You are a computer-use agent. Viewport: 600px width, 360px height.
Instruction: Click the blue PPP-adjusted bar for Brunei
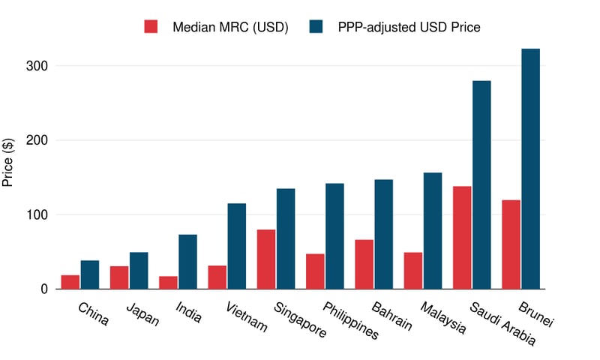[x=530, y=169]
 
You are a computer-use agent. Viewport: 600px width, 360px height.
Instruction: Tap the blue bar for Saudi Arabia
[x=481, y=184]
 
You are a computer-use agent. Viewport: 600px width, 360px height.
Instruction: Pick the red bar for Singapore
[x=266, y=259]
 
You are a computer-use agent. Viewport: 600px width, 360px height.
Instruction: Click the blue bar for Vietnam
[x=237, y=246]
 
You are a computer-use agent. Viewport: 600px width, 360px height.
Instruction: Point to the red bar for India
[x=168, y=283]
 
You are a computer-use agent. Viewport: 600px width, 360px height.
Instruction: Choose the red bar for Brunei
[x=511, y=244]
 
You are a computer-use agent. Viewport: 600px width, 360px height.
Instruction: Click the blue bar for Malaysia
[x=433, y=230]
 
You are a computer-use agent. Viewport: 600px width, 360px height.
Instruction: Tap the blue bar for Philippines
[x=334, y=235]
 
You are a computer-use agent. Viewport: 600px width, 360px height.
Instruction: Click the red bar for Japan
[x=119, y=277]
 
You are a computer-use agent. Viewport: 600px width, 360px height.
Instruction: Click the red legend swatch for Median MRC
[x=151, y=27]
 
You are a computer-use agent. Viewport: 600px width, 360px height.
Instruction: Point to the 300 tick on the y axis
[x=34, y=66]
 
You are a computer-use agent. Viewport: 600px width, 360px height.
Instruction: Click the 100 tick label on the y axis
[x=34, y=214]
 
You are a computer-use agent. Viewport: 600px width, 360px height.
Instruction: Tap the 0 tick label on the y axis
[x=43, y=289]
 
